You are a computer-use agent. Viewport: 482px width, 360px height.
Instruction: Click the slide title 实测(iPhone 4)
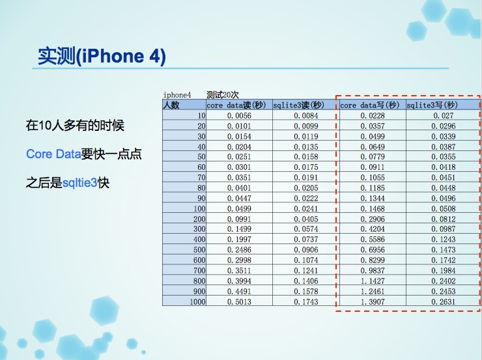(102, 56)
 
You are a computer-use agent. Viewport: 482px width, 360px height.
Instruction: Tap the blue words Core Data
(53, 154)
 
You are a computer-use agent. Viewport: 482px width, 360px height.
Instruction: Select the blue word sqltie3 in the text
(80, 183)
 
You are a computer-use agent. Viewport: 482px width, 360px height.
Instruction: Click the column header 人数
(171, 105)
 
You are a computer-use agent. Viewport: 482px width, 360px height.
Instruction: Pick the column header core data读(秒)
(236, 105)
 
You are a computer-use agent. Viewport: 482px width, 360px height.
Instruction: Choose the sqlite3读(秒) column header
(298, 105)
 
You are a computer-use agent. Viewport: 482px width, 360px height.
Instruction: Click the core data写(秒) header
(369, 105)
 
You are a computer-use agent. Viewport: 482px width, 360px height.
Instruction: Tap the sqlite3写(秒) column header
(432, 105)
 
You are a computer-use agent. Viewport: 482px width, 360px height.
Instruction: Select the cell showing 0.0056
(239, 116)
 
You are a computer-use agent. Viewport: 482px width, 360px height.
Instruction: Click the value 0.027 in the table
(444, 116)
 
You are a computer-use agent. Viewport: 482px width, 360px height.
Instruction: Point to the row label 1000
(197, 302)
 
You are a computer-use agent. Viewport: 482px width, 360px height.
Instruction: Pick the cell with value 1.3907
(373, 302)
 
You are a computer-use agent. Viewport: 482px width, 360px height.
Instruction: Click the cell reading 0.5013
(239, 302)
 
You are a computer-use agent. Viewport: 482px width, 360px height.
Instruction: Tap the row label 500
(199, 250)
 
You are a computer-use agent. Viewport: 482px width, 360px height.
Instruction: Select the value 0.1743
(306, 302)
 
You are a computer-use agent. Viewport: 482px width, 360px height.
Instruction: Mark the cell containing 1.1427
(373, 281)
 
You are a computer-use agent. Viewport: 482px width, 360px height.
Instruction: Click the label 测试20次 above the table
(223, 94)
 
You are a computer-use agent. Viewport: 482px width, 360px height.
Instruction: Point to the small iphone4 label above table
(177, 95)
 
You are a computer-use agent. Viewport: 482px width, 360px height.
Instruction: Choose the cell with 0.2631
(444, 302)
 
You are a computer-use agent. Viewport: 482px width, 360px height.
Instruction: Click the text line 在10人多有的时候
(75, 126)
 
